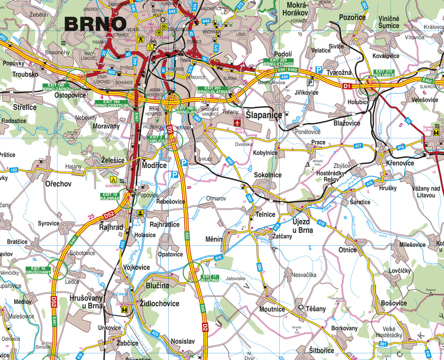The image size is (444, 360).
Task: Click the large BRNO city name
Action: tap(95, 24)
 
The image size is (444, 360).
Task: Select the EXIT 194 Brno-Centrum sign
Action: tap(111, 104)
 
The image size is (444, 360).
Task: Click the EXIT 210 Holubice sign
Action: tap(384, 73)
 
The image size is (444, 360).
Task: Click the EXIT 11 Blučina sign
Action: tap(210, 278)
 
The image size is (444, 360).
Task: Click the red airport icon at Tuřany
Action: tap(237, 122)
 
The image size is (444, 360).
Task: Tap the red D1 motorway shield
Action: tap(347, 85)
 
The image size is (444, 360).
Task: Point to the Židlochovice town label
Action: tap(159, 304)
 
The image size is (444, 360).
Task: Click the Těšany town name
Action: tap(316, 308)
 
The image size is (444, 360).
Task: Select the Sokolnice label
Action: tap(268, 175)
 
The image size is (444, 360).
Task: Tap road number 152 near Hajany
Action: tap(14, 170)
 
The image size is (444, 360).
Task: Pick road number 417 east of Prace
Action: tap(358, 146)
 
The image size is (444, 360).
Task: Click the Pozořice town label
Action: tap(352, 17)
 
